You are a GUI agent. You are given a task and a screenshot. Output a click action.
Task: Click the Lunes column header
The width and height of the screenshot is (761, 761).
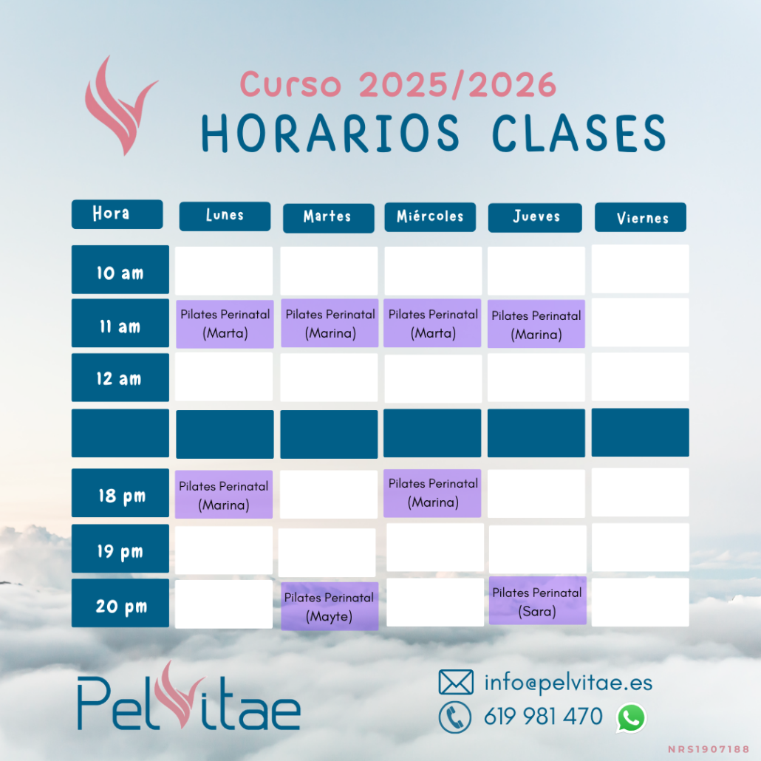click(225, 216)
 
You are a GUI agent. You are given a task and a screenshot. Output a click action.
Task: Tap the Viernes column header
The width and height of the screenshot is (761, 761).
click(641, 217)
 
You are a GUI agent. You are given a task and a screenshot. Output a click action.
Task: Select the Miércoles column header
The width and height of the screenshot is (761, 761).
click(430, 217)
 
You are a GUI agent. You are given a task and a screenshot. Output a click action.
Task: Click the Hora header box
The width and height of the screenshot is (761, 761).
click(117, 214)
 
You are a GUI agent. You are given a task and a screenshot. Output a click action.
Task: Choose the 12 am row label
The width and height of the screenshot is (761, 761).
click(120, 378)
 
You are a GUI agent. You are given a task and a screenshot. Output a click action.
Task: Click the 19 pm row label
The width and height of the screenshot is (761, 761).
click(120, 548)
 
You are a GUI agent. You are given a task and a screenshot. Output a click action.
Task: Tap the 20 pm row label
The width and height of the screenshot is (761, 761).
click(120, 603)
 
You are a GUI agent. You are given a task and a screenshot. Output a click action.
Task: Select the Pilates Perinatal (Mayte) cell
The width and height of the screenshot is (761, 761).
click(330, 606)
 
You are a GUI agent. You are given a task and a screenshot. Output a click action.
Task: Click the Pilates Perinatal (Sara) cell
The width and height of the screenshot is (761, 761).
click(538, 601)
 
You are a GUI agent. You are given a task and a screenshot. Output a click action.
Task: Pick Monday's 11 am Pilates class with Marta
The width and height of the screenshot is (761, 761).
click(225, 324)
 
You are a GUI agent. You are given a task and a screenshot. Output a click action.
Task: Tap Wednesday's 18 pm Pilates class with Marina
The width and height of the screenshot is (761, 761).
click(432, 493)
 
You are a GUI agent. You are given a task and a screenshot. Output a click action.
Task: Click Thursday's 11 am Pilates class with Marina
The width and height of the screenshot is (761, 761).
click(536, 324)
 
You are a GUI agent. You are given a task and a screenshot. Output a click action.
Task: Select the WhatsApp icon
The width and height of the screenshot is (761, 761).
click(631, 718)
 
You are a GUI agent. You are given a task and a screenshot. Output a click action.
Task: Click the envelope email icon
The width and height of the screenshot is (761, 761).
click(456, 682)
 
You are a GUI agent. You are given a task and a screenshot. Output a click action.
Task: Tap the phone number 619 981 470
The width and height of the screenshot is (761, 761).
click(543, 717)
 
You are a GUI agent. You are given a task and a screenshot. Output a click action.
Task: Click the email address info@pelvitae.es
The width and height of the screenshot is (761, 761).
click(568, 683)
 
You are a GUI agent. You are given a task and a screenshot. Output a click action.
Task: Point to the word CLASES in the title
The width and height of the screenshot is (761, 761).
click(579, 134)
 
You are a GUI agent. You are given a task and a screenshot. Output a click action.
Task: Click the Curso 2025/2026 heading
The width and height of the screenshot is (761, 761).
click(398, 84)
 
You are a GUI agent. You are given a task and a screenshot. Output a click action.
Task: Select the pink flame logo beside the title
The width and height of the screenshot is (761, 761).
click(120, 106)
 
